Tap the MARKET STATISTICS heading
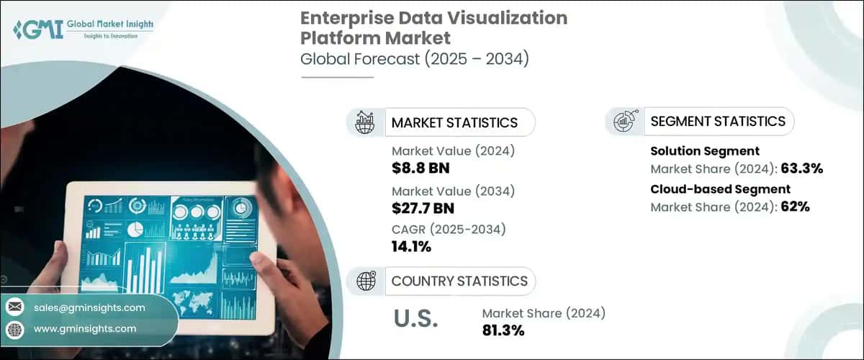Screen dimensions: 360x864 pyautogui.click(x=454, y=122)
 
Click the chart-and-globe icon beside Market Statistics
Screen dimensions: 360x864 pyautogui.click(x=364, y=122)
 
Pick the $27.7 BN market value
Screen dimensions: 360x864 pyautogui.click(x=423, y=209)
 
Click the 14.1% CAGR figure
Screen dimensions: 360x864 pyautogui.click(x=411, y=248)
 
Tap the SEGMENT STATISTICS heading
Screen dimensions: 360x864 pyautogui.click(x=718, y=121)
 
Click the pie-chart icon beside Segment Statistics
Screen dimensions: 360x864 pyautogui.click(x=623, y=121)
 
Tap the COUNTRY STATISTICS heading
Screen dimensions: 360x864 pyautogui.click(x=459, y=281)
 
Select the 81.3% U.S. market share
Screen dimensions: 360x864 pyautogui.click(x=503, y=331)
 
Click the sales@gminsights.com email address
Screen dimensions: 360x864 pyautogui.click(x=89, y=307)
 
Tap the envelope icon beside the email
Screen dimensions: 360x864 pyautogui.click(x=14, y=307)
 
